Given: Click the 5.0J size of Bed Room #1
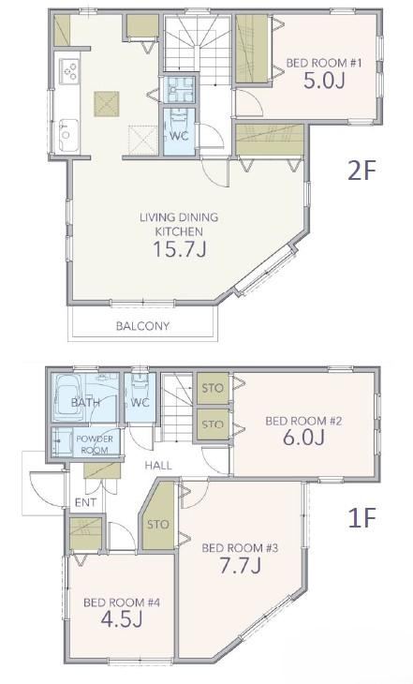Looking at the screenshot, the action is [324, 81].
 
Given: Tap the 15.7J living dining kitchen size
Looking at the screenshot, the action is [179, 249].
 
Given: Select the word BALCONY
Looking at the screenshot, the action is [142, 326].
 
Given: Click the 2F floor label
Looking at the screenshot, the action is [361, 171].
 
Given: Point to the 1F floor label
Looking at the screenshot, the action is [361, 518].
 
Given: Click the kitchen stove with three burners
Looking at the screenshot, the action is [69, 70].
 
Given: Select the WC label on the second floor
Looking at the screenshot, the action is [179, 136].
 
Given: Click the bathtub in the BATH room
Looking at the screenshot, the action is [67, 397].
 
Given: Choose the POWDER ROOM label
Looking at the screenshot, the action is [95, 444].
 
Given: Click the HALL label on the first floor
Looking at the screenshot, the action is [158, 466].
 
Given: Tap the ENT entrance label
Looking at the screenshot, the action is [85, 502].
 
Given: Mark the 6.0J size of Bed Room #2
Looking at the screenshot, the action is [303, 438].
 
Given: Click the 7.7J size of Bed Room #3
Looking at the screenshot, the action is [241, 566].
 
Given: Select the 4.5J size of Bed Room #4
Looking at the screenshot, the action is [122, 619].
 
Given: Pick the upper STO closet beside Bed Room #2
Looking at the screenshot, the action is [213, 388].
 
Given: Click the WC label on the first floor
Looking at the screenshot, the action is [140, 403].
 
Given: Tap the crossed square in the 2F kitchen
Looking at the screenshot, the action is [107, 104].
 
